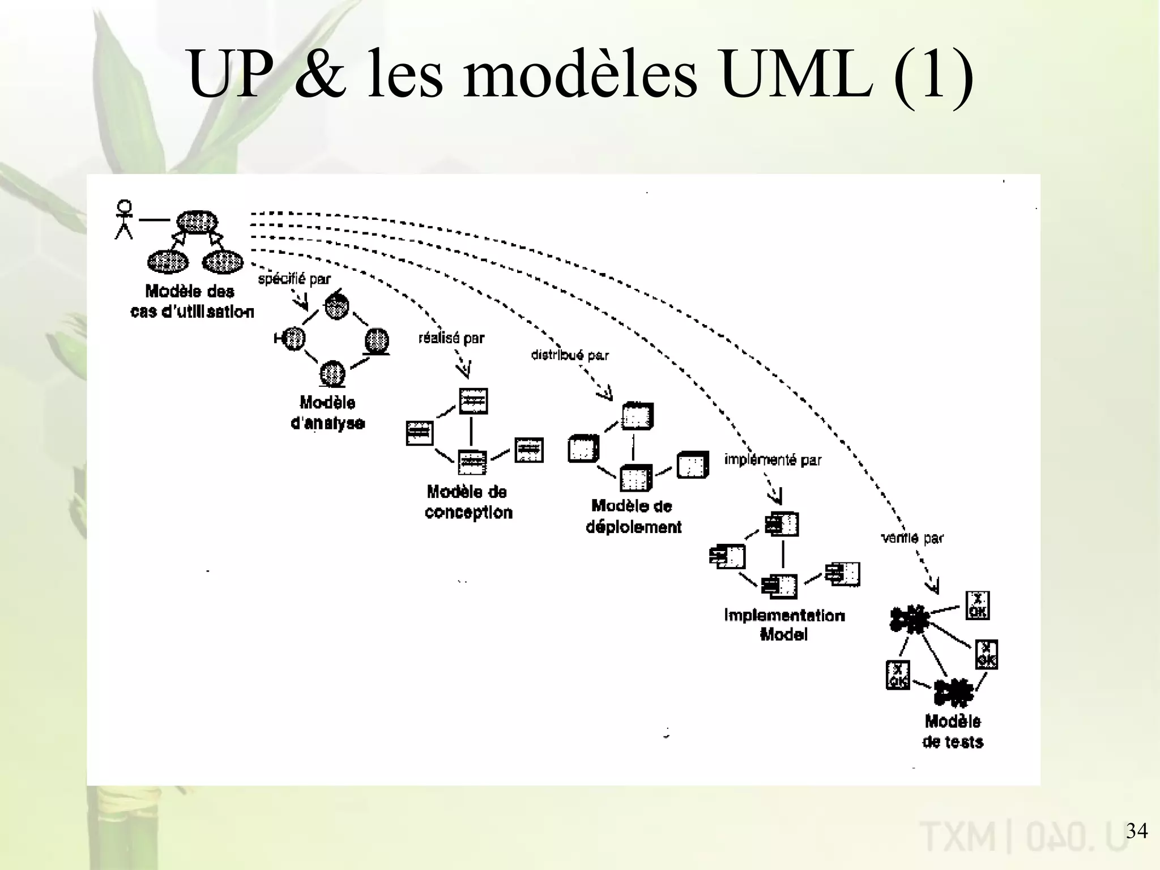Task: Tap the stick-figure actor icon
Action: (x=124, y=219)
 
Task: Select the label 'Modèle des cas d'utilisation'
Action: (x=191, y=301)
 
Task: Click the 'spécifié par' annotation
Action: (x=294, y=279)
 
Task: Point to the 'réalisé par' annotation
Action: (x=451, y=338)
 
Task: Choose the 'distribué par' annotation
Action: (x=570, y=355)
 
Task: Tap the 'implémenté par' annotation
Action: (x=773, y=460)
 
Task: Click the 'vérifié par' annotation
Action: (x=912, y=538)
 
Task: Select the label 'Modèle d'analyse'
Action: (x=327, y=413)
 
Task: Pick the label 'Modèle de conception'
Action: (x=468, y=502)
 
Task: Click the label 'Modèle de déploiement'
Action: (x=633, y=517)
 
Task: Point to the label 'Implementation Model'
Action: (x=784, y=625)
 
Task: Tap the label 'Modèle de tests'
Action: (x=953, y=731)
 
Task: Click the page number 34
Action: (x=1136, y=831)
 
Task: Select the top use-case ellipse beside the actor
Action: (x=197, y=221)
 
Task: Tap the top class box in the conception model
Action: (x=474, y=401)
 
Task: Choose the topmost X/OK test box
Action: (x=978, y=605)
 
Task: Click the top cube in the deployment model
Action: (x=637, y=417)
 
